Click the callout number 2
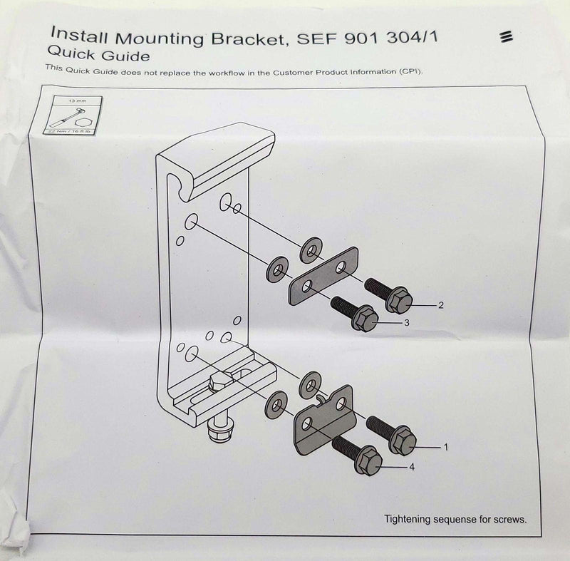tap(441, 305)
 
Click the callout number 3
tap(406, 323)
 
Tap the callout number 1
tap(446, 447)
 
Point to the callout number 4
tap(412, 467)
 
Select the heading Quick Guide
tap(98, 54)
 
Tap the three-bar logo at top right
tap(508, 36)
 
